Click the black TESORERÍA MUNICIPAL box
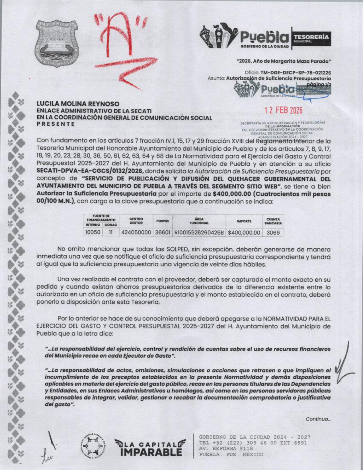(311, 38)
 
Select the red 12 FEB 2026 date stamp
(284, 111)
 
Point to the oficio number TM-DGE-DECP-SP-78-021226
(296, 73)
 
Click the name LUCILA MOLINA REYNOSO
(78, 104)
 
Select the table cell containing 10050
(93, 232)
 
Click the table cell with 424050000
(136, 232)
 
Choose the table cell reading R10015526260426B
(199, 232)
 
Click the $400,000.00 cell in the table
(244, 232)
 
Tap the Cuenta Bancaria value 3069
(273, 232)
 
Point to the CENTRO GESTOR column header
(136, 221)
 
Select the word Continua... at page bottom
(318, 419)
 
